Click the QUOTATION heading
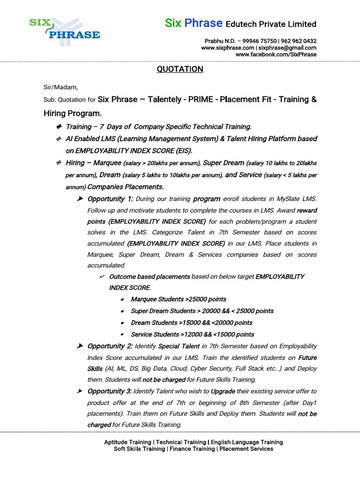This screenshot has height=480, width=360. [180, 69]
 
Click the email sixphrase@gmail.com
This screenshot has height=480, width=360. [287, 48]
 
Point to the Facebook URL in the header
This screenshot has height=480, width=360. [276, 54]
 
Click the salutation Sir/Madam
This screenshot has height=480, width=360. [61, 87]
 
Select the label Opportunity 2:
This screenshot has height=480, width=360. [110, 346]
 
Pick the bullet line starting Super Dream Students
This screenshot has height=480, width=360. [202, 311]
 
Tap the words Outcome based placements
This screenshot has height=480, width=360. [150, 277]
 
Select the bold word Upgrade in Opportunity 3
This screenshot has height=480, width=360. [223, 391]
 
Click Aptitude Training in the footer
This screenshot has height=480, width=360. [128, 442]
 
